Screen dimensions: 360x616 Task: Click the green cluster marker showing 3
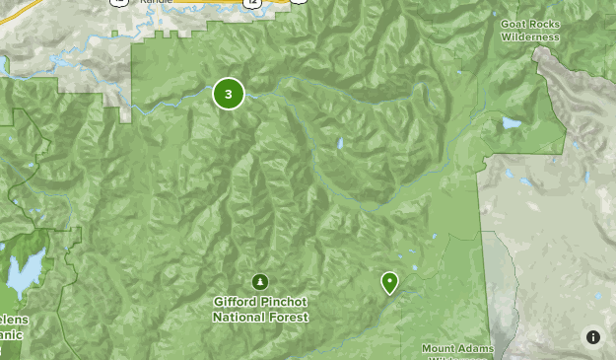click(229, 95)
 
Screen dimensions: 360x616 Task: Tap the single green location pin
click(390, 283)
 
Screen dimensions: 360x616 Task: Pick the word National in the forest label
click(235, 317)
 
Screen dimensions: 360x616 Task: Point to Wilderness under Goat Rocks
click(530, 36)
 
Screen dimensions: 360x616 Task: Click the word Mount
click(441, 348)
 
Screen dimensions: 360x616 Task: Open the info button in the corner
click(593, 337)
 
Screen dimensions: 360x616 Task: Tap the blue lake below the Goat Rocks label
click(510, 124)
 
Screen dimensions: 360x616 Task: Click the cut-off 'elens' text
click(14, 321)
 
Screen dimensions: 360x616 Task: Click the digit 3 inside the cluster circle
click(229, 95)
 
